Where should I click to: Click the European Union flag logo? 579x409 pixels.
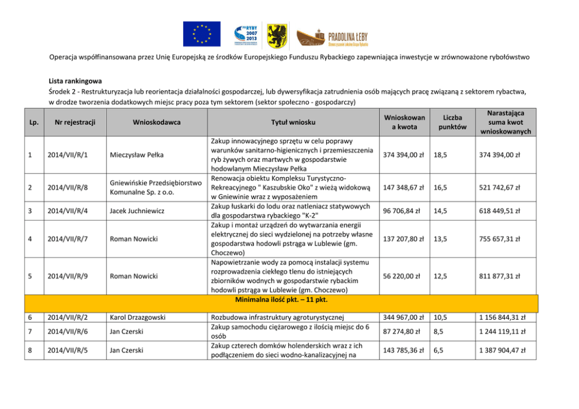coord(201,34)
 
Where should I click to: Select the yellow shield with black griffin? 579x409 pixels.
coord(277,34)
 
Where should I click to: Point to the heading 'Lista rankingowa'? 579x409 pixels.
coord(76,81)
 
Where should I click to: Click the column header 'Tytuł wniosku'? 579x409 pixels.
coord(293,122)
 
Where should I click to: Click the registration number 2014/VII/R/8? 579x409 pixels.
coord(72,187)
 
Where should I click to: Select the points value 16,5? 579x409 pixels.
coord(441,187)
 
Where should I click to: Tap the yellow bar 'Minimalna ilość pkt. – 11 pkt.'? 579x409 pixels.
coord(281,299)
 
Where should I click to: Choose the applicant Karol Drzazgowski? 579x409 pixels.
coord(139,318)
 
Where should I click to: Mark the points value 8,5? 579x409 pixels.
coord(439,331)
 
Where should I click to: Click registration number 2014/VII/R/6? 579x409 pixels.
coord(72,331)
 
